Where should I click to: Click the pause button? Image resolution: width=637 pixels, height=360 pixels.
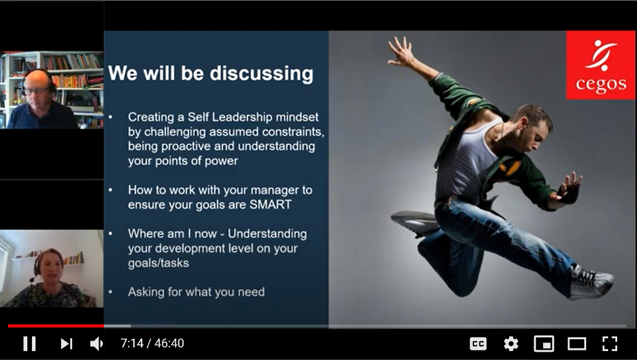(x=29, y=343)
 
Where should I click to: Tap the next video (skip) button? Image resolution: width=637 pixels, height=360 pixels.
(x=67, y=343)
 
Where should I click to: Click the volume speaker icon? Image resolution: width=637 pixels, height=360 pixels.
(x=96, y=343)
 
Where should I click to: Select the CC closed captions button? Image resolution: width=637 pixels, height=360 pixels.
(x=478, y=343)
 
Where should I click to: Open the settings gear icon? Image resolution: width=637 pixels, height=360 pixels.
(x=510, y=343)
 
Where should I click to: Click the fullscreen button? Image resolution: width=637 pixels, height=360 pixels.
(x=610, y=343)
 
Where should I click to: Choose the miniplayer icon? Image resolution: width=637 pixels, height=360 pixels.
(x=544, y=343)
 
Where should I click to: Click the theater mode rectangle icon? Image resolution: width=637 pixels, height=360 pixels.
(x=577, y=343)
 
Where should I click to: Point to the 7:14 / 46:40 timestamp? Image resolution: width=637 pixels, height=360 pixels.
(x=152, y=343)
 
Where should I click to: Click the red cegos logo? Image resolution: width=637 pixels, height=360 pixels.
(x=601, y=65)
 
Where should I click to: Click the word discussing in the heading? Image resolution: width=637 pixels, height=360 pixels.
(x=262, y=74)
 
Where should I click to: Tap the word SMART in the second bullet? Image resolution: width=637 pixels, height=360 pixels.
(x=270, y=204)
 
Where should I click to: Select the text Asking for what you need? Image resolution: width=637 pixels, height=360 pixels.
(x=196, y=292)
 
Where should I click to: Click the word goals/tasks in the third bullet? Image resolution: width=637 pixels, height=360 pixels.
(x=158, y=263)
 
